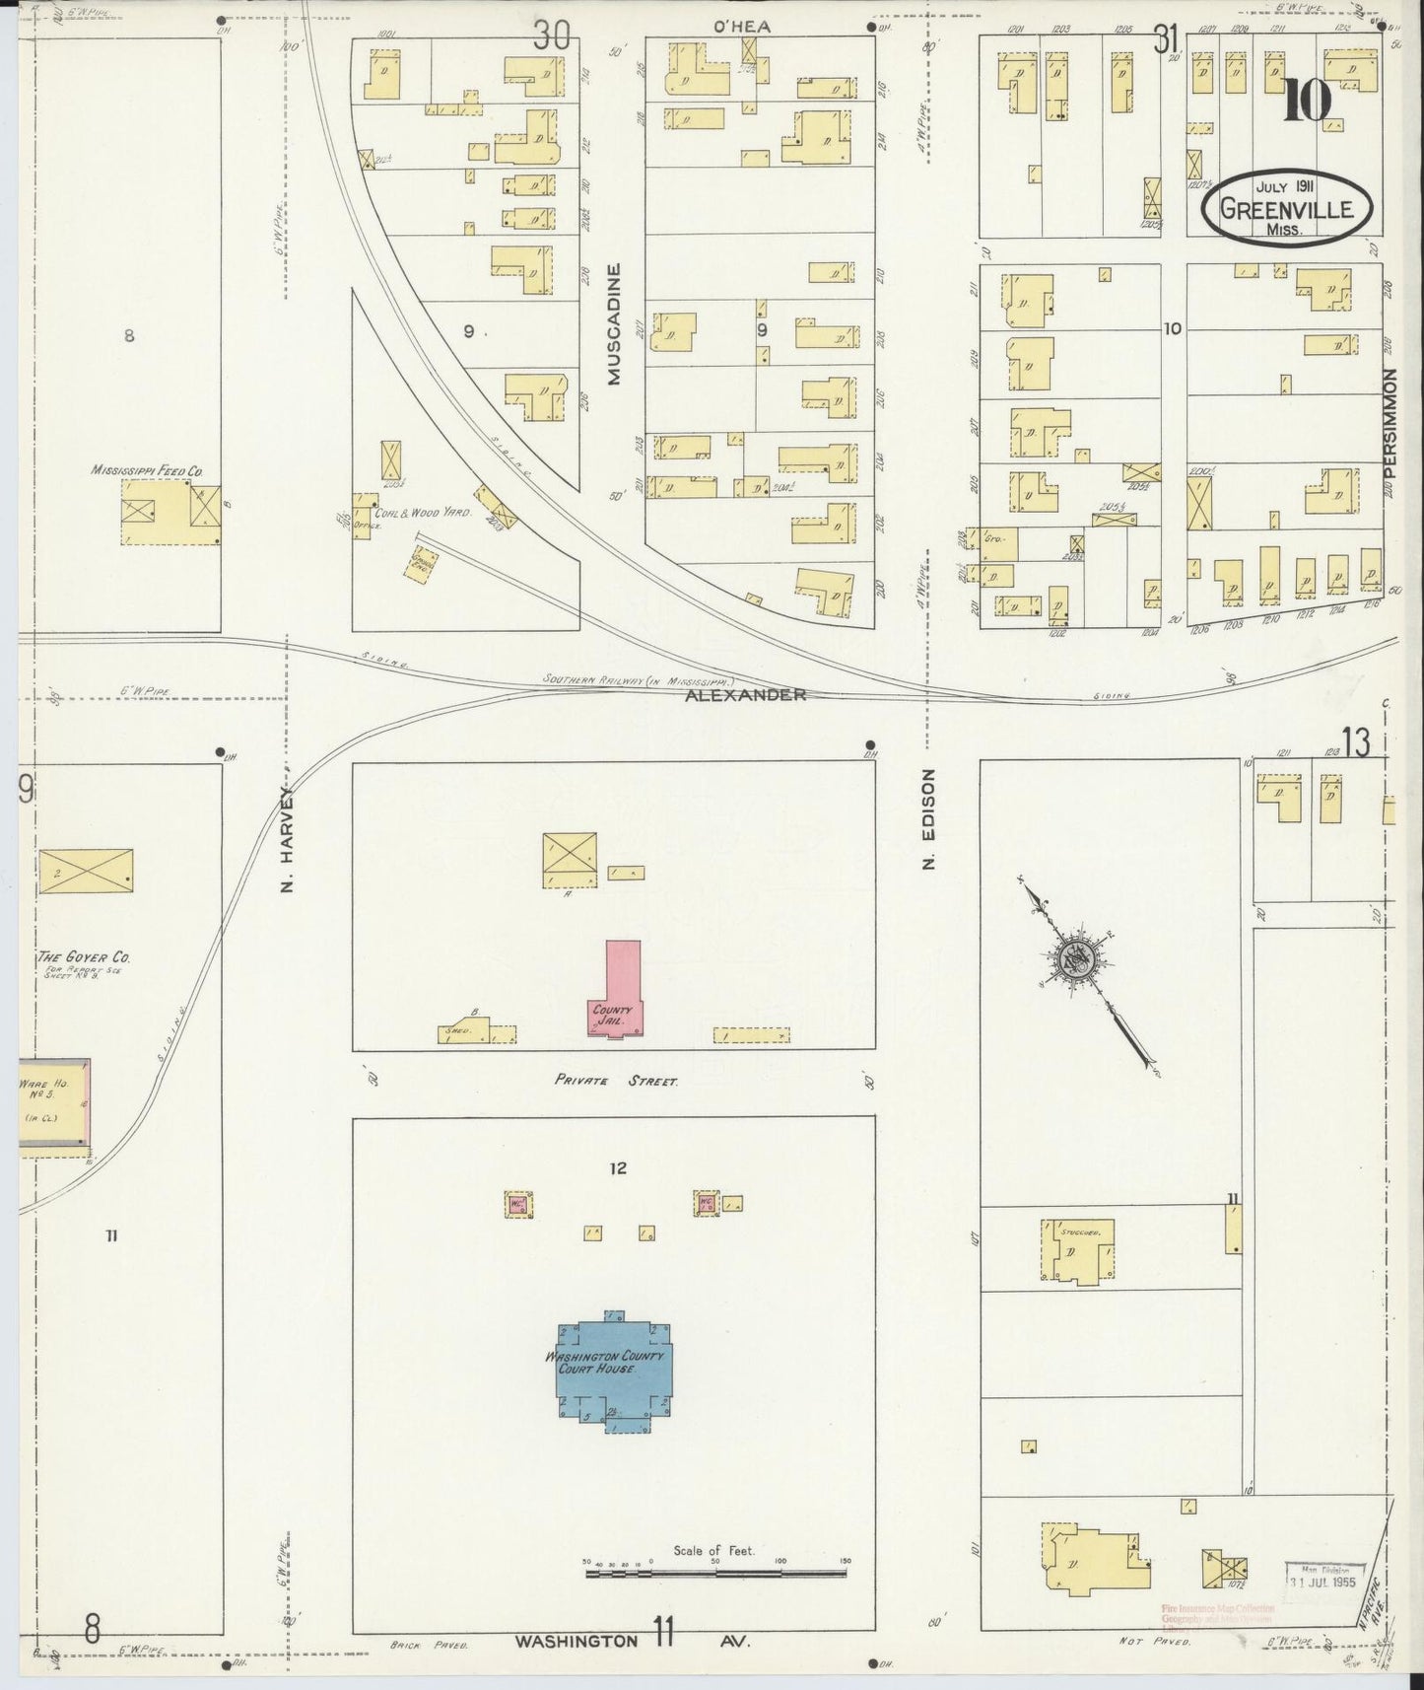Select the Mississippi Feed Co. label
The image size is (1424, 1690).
pos(147,470)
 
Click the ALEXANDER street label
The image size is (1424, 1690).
pos(747,695)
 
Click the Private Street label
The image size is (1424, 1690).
pos(616,1082)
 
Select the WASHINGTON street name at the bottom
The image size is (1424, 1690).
pos(576,1642)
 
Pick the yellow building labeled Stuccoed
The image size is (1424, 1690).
pos(1077,1251)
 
